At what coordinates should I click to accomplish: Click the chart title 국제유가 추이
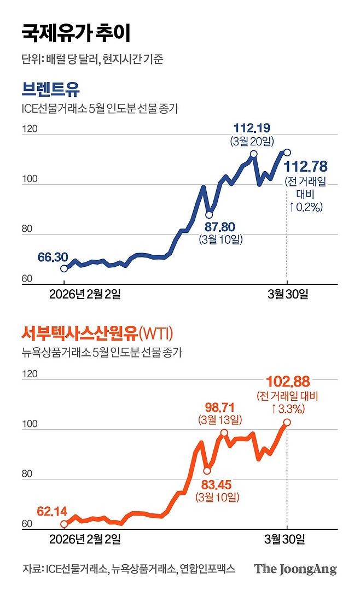pyautogui.click(x=77, y=33)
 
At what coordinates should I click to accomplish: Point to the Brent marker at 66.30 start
pyautogui.click(x=65, y=268)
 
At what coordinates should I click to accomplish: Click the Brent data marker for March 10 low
pyautogui.click(x=209, y=215)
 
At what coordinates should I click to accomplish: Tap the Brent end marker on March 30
pyautogui.click(x=287, y=153)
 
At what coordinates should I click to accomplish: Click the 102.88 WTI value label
pyautogui.click(x=287, y=381)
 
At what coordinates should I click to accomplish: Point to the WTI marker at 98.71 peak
pyautogui.click(x=224, y=432)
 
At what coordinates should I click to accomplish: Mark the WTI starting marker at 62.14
pyautogui.click(x=65, y=524)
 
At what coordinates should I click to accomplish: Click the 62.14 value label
pyautogui.click(x=52, y=512)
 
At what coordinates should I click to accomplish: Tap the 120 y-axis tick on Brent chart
pyautogui.click(x=29, y=130)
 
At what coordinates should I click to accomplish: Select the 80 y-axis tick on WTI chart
pyautogui.click(x=27, y=475)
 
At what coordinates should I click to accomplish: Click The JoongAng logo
pyautogui.click(x=295, y=569)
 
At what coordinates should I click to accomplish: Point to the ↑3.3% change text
pyautogui.click(x=288, y=408)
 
